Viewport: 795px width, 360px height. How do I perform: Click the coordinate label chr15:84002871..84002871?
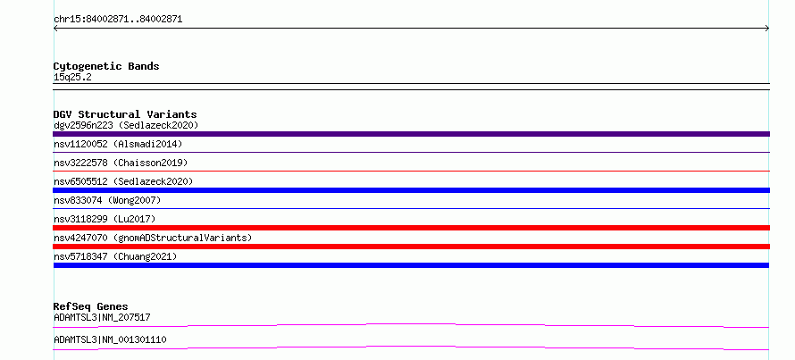(118, 20)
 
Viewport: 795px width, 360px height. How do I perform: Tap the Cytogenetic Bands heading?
(106, 66)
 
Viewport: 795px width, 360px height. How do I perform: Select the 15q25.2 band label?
(72, 78)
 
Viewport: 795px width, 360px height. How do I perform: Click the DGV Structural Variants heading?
(125, 114)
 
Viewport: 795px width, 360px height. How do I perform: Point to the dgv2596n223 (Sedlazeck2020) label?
(126, 125)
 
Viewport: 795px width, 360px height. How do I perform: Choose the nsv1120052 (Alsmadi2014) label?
(118, 144)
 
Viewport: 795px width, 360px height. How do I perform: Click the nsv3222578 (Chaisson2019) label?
(121, 163)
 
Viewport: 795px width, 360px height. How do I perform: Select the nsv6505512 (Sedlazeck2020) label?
(123, 181)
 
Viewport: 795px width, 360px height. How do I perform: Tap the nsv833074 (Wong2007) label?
(107, 200)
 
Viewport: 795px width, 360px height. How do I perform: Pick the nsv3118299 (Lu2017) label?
(105, 219)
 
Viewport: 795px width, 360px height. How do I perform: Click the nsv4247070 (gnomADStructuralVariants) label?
(153, 238)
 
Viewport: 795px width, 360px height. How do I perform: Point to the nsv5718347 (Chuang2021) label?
(115, 256)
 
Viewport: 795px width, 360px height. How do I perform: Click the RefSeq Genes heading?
(91, 306)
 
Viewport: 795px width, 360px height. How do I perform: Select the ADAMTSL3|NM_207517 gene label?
(102, 317)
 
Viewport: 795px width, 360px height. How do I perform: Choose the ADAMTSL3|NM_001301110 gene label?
(110, 339)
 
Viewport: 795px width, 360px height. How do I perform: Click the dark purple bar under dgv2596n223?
(411, 134)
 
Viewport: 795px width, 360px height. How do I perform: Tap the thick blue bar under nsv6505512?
(411, 190)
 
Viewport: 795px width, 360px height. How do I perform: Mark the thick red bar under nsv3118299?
(411, 228)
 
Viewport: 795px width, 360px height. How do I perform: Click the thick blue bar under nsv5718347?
(411, 265)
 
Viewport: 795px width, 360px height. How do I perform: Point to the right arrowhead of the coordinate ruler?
(768, 29)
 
